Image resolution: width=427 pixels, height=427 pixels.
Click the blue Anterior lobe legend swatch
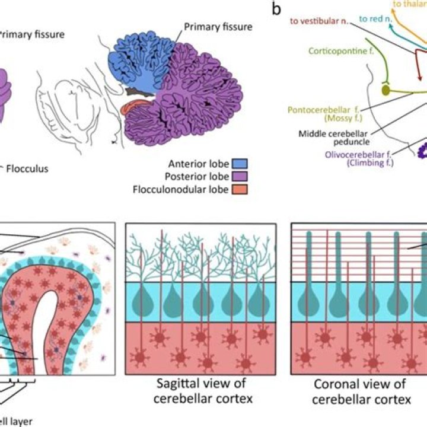240,162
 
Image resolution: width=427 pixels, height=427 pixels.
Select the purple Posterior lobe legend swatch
240,176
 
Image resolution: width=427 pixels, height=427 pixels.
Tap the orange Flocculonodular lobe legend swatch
240,189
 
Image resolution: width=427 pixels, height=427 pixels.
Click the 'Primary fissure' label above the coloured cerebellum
218,27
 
